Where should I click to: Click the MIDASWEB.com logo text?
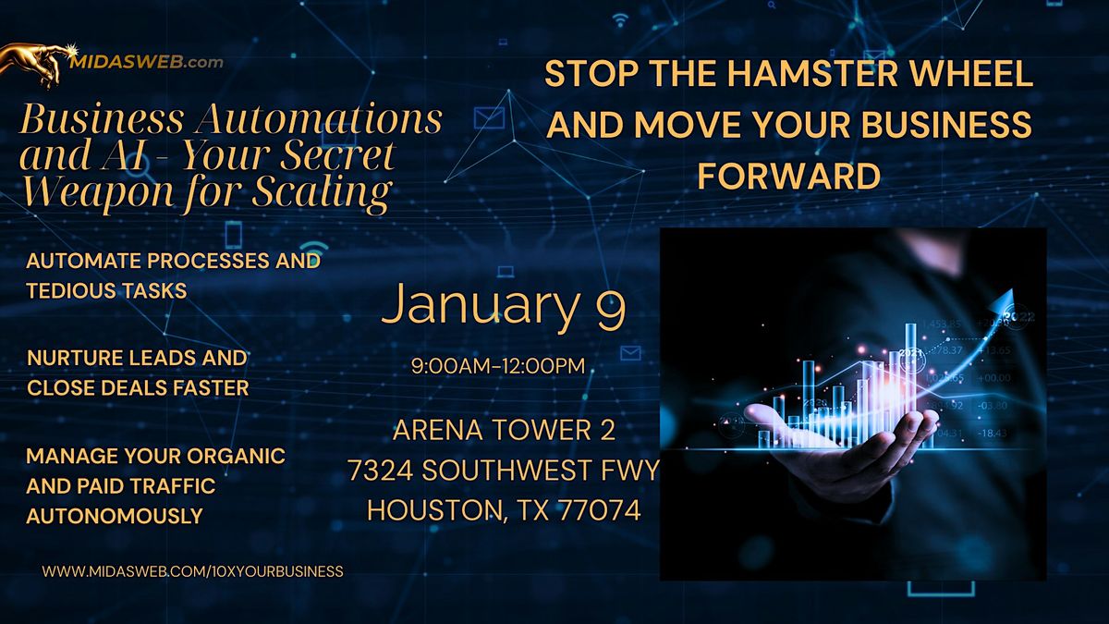point(146,62)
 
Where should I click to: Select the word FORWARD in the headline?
point(788,175)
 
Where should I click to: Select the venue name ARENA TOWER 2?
point(504,430)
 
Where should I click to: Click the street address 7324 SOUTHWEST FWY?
point(504,471)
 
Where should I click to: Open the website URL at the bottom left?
point(193,571)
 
